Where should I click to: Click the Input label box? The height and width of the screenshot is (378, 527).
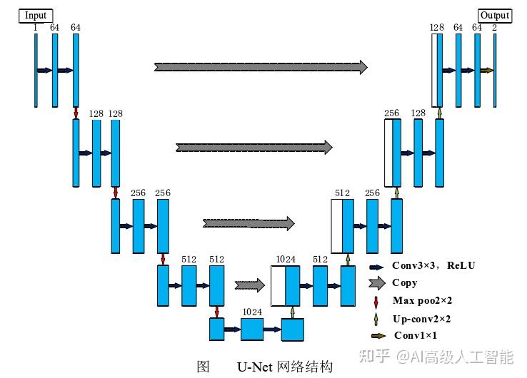tap(35, 15)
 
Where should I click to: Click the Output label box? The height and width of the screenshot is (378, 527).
tap(494, 15)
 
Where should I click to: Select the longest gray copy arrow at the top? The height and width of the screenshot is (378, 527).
tap(261, 67)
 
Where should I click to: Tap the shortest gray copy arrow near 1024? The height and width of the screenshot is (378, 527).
tap(249, 286)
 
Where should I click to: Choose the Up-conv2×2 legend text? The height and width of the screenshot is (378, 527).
tap(421, 319)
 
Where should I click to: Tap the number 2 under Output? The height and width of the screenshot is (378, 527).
tap(494, 28)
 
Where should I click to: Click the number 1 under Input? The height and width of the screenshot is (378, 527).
tap(35, 28)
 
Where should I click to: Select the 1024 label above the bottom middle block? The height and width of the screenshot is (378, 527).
tap(251, 312)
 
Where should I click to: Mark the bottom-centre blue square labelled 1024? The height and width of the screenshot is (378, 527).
tap(252, 330)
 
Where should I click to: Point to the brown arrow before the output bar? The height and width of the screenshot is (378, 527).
tap(486, 71)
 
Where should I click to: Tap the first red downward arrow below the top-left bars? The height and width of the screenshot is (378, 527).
tap(76, 113)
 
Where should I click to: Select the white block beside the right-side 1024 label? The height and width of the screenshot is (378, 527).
tap(278, 285)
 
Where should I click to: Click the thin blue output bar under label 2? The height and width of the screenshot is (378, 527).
tap(494, 70)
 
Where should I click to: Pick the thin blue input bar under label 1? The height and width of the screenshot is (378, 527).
tap(35, 70)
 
